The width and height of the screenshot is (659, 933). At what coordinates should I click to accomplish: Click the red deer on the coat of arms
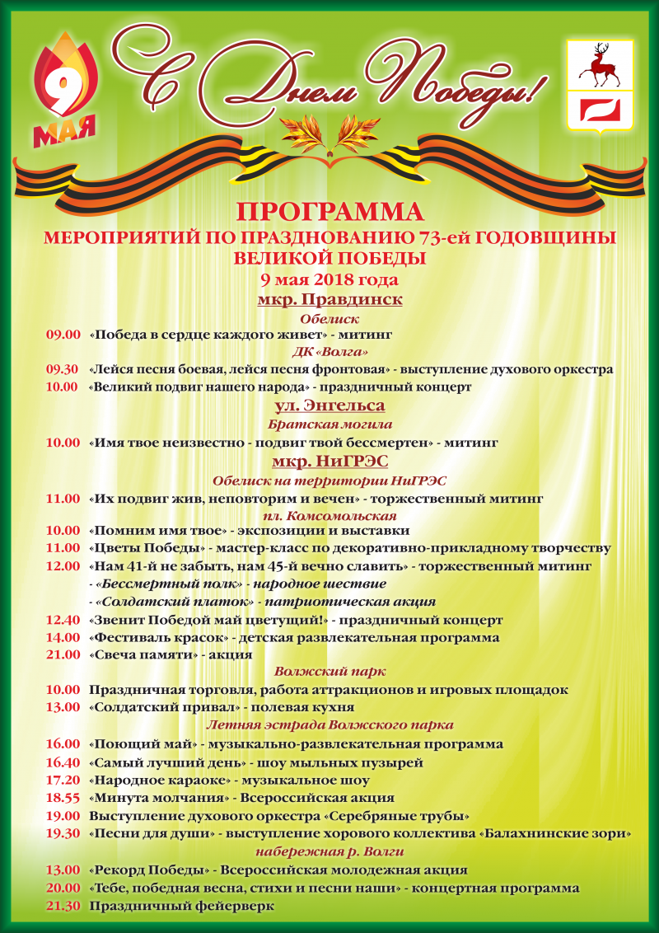coord(598,66)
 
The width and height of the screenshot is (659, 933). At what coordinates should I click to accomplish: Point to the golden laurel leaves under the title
coord(329,131)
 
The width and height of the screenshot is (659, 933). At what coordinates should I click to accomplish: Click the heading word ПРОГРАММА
coord(329,212)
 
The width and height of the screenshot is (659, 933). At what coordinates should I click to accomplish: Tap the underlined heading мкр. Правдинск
coord(329,299)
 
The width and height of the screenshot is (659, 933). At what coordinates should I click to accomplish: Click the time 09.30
coord(63,369)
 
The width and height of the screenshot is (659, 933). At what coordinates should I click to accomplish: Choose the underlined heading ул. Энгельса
coord(329,406)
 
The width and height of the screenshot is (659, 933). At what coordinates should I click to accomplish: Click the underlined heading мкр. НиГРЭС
coord(329,461)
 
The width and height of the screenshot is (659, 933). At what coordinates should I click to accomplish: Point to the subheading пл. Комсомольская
coord(329,515)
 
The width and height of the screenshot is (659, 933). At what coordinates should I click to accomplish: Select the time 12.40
coord(63,620)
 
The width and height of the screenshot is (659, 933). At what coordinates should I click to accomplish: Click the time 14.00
coord(63,638)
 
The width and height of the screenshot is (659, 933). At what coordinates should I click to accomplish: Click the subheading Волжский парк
coord(329,672)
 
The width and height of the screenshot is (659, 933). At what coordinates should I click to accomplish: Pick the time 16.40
coord(63,762)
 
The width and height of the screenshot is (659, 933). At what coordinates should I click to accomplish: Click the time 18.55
coord(63,798)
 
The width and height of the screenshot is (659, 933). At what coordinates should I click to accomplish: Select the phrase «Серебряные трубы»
coord(398,816)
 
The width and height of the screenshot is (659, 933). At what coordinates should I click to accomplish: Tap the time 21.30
coord(63,906)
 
